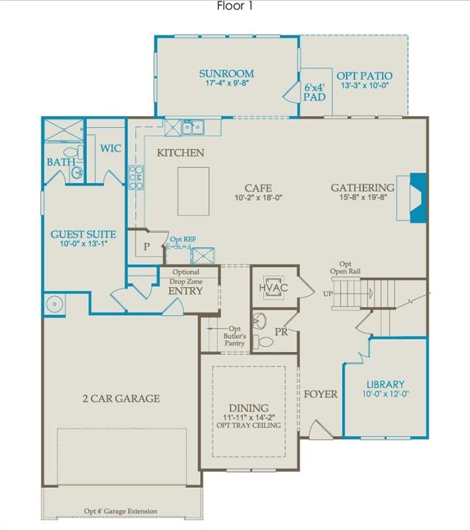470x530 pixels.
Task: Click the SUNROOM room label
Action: (x=226, y=73)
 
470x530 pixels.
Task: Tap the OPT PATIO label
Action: (x=364, y=76)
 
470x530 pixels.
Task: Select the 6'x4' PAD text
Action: (x=315, y=92)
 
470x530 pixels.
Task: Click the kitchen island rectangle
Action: (x=193, y=191)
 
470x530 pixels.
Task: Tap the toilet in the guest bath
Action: (x=70, y=153)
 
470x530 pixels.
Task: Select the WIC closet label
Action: (x=110, y=148)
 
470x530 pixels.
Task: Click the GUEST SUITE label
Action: (x=83, y=234)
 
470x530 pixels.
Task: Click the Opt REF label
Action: (x=183, y=239)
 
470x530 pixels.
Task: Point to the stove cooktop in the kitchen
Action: (x=136, y=177)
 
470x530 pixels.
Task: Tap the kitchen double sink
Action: (x=192, y=127)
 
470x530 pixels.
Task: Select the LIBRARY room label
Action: (x=385, y=384)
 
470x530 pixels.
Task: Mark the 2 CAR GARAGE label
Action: (x=121, y=398)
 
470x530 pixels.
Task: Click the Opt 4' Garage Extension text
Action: (x=121, y=511)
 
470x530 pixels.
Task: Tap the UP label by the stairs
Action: (x=329, y=294)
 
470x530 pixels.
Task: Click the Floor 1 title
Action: (x=235, y=6)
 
